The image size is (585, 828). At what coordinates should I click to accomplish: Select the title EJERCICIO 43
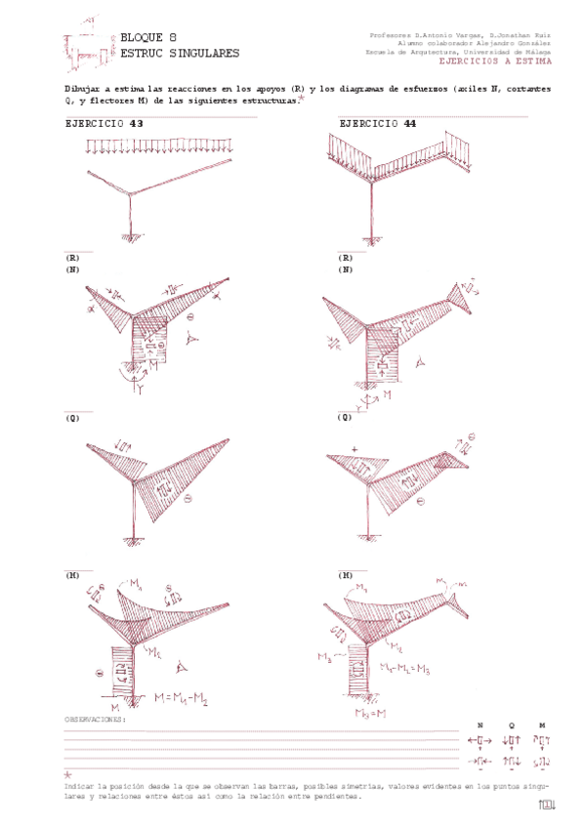(x=104, y=125)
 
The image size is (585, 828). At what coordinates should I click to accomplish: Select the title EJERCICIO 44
(x=378, y=125)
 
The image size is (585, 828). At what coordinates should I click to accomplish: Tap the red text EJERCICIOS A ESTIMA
(x=495, y=62)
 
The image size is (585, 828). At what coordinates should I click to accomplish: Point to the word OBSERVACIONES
(x=95, y=719)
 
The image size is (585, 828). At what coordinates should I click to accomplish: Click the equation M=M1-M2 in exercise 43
(x=188, y=698)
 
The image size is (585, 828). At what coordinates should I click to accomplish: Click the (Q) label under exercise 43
(x=72, y=418)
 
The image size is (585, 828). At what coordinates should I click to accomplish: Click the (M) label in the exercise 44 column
(x=345, y=576)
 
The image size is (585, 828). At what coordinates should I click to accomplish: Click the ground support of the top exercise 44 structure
(x=371, y=237)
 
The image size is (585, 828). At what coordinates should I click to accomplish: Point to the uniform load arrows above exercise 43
(x=162, y=146)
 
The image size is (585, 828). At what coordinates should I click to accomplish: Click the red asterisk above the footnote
(x=68, y=774)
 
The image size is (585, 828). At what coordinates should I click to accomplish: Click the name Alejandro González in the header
(x=518, y=43)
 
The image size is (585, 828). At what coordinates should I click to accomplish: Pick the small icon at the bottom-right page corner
(x=547, y=805)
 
